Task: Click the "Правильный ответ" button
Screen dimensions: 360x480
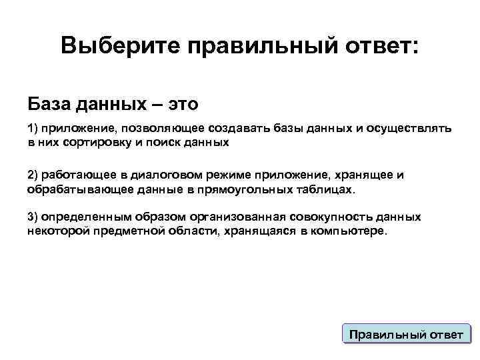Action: click(406, 334)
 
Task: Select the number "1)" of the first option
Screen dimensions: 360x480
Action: click(33, 128)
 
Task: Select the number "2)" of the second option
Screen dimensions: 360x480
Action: click(33, 175)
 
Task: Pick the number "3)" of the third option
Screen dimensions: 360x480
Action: click(33, 217)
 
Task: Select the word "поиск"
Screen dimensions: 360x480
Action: click(154, 141)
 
